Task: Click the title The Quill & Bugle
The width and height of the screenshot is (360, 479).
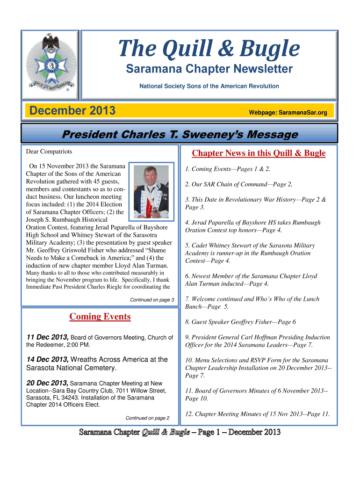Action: [209, 49]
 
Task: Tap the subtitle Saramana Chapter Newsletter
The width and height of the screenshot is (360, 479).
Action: [209, 70]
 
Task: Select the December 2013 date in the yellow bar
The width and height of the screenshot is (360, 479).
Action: [72, 111]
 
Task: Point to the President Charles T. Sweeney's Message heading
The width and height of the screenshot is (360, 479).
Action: [180, 135]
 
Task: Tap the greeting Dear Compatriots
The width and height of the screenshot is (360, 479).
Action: [49, 152]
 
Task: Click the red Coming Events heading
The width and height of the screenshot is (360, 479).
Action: [100, 317]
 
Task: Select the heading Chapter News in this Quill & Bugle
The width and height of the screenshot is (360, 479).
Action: [259, 153]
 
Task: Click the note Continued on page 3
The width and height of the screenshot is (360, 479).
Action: [152, 299]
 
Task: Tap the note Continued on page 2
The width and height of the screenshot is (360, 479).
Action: [147, 418]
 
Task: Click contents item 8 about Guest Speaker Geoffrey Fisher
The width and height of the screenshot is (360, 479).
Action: [240, 322]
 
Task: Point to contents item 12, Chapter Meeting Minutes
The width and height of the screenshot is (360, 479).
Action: [257, 414]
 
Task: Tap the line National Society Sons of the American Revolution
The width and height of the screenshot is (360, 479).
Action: [209, 86]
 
